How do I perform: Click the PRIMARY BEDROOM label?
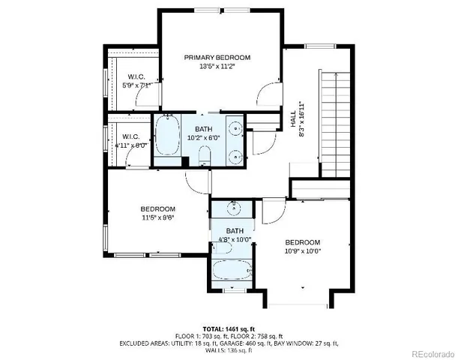click(217, 57)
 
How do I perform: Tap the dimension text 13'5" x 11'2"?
click(217, 67)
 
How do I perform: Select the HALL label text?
click(293, 118)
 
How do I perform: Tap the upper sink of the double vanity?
click(235, 127)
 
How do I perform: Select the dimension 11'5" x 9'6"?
click(157, 218)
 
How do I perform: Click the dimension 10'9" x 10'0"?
click(302, 252)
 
